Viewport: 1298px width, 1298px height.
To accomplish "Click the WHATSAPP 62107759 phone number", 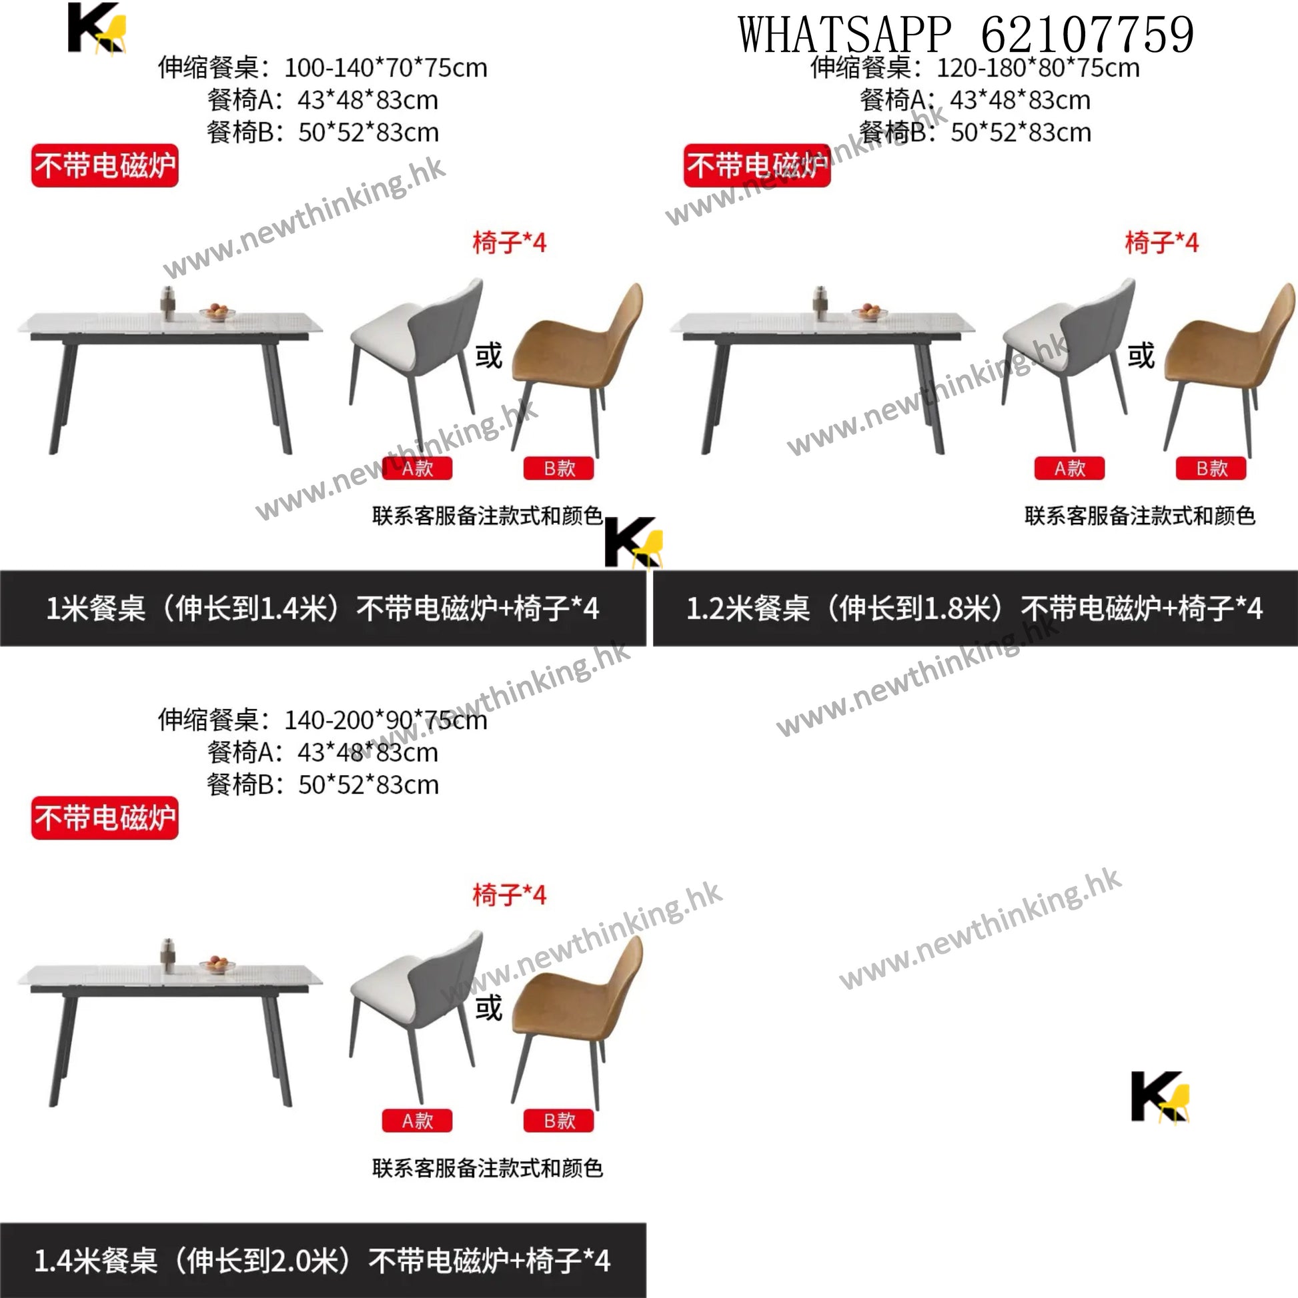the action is [x=966, y=34].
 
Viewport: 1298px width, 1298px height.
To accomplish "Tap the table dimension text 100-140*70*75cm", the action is [x=386, y=68].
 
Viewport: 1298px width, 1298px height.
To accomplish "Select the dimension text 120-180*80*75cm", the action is [x=1038, y=68].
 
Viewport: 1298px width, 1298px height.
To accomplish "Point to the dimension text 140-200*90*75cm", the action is [x=386, y=720].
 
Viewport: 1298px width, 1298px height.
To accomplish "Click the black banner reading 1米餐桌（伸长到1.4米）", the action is [x=322, y=609].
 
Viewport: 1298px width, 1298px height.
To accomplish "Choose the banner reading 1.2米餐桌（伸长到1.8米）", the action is [x=976, y=609].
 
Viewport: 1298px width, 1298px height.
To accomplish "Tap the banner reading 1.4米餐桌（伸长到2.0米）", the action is [x=322, y=1261].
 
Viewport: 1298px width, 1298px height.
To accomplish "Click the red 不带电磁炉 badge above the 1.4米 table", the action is [x=105, y=818].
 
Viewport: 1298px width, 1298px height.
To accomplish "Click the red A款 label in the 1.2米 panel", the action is [x=1070, y=468].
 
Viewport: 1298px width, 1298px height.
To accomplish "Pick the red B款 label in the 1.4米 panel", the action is [x=559, y=1121].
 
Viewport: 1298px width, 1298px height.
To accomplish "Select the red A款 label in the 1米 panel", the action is [x=418, y=468].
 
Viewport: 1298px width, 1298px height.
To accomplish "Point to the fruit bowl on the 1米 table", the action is [x=217, y=311].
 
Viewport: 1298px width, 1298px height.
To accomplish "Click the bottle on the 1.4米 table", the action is [x=168, y=954].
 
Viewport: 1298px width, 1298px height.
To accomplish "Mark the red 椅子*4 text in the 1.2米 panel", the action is [x=1162, y=243].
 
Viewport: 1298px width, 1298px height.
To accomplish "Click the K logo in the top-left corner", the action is [x=97, y=28].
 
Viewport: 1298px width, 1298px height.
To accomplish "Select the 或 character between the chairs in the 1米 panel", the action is [x=488, y=356].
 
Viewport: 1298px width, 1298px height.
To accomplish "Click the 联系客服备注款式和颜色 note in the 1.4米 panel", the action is [x=487, y=1169].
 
